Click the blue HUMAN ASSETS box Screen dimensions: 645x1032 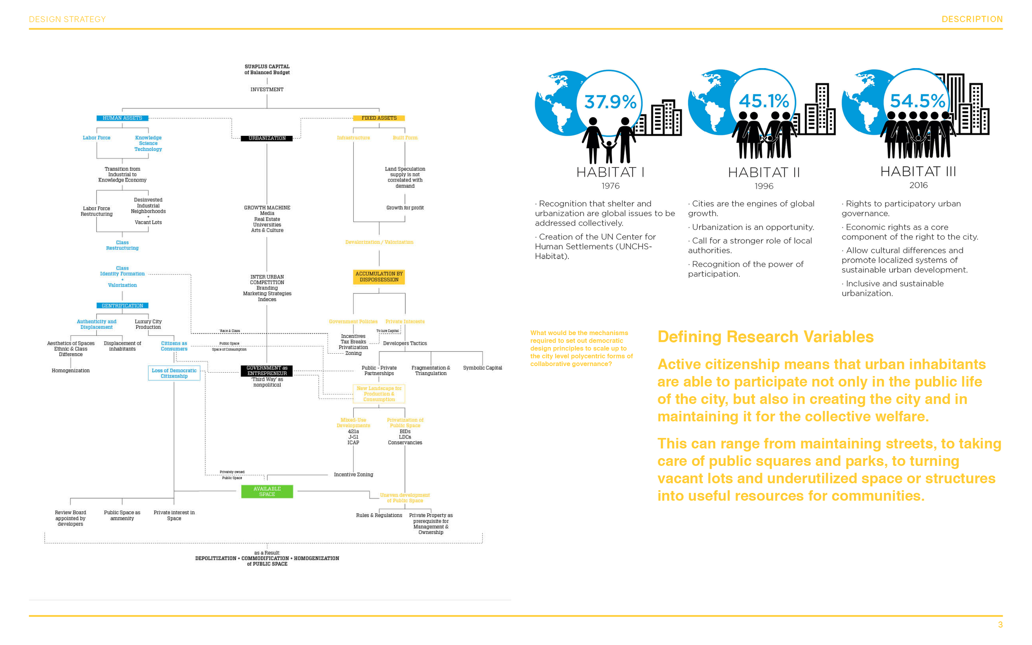pyautogui.click(x=122, y=118)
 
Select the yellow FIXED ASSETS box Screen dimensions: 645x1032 pyautogui.click(x=379, y=118)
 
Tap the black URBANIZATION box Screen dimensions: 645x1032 pyautogui.click(x=267, y=138)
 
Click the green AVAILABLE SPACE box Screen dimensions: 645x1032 pyautogui.click(x=267, y=491)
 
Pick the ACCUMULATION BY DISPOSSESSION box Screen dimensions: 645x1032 pyautogui.click(x=379, y=276)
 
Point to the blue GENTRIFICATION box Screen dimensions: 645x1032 pyautogui.click(x=122, y=305)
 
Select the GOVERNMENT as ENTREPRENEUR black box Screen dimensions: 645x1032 pyautogui.click(x=267, y=370)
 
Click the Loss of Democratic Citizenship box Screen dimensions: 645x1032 pyautogui.click(x=174, y=373)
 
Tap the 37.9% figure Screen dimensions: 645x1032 pyautogui.click(x=610, y=102)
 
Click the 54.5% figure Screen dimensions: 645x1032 pyautogui.click(x=917, y=101)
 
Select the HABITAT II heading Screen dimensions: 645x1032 pyautogui.click(x=763, y=172)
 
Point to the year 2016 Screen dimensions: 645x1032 pyautogui.click(x=918, y=185)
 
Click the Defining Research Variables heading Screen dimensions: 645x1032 pyautogui.click(x=765, y=337)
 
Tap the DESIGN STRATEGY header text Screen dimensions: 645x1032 pyautogui.click(x=67, y=19)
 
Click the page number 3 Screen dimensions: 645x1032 pyautogui.click(x=999, y=624)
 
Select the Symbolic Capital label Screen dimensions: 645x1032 pyautogui.click(x=482, y=368)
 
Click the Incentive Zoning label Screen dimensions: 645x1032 pyautogui.click(x=353, y=475)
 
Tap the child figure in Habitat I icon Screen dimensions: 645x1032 pyautogui.click(x=609, y=151)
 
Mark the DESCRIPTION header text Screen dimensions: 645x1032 pyautogui.click(x=971, y=19)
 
